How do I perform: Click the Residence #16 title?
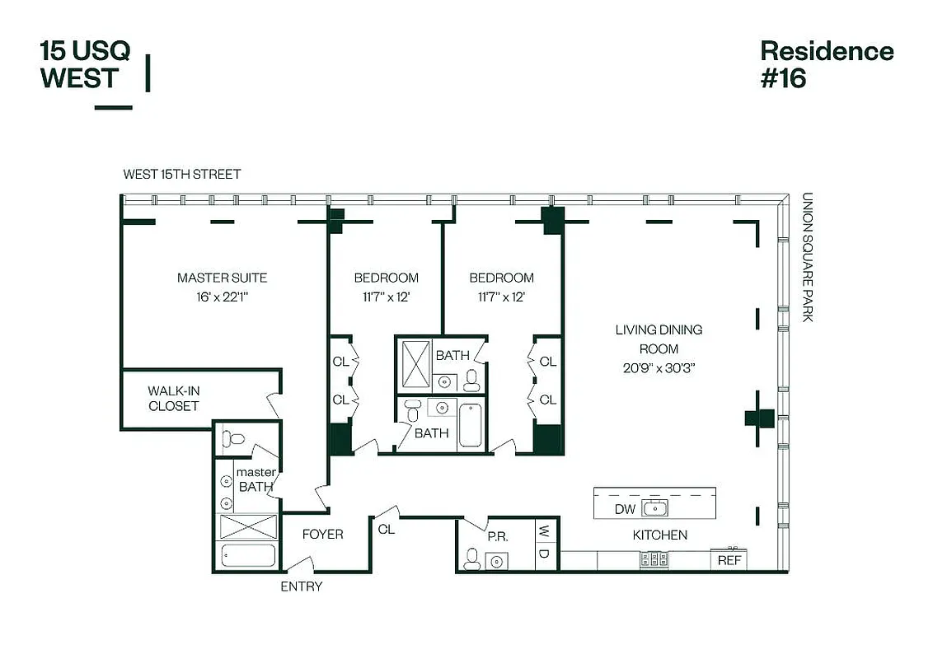click(x=826, y=64)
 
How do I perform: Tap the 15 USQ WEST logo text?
click(x=85, y=64)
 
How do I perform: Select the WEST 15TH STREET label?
click(x=182, y=175)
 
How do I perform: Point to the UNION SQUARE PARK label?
click(x=807, y=257)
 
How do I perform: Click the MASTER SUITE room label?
click(x=222, y=278)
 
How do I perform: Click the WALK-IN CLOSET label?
click(x=174, y=398)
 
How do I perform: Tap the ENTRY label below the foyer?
click(x=302, y=587)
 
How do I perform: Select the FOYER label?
click(x=322, y=535)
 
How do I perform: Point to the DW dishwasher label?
click(x=625, y=509)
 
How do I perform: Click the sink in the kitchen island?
click(x=655, y=508)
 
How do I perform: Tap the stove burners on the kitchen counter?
click(x=654, y=559)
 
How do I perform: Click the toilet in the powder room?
click(x=471, y=559)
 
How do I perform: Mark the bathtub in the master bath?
click(x=247, y=555)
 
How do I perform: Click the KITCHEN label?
click(x=659, y=535)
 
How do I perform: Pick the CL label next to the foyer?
click(x=386, y=530)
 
